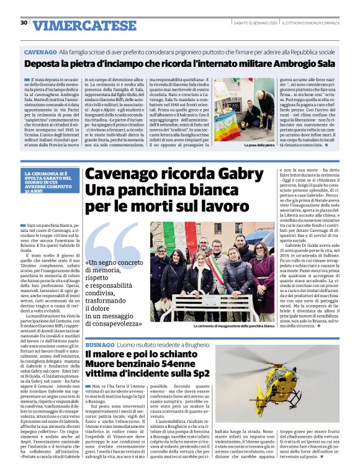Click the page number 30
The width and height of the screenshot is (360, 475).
[x=24, y=23]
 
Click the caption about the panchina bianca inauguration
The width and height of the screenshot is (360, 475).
[x=233, y=326]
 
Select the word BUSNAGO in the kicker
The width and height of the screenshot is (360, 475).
[x=100, y=344]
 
